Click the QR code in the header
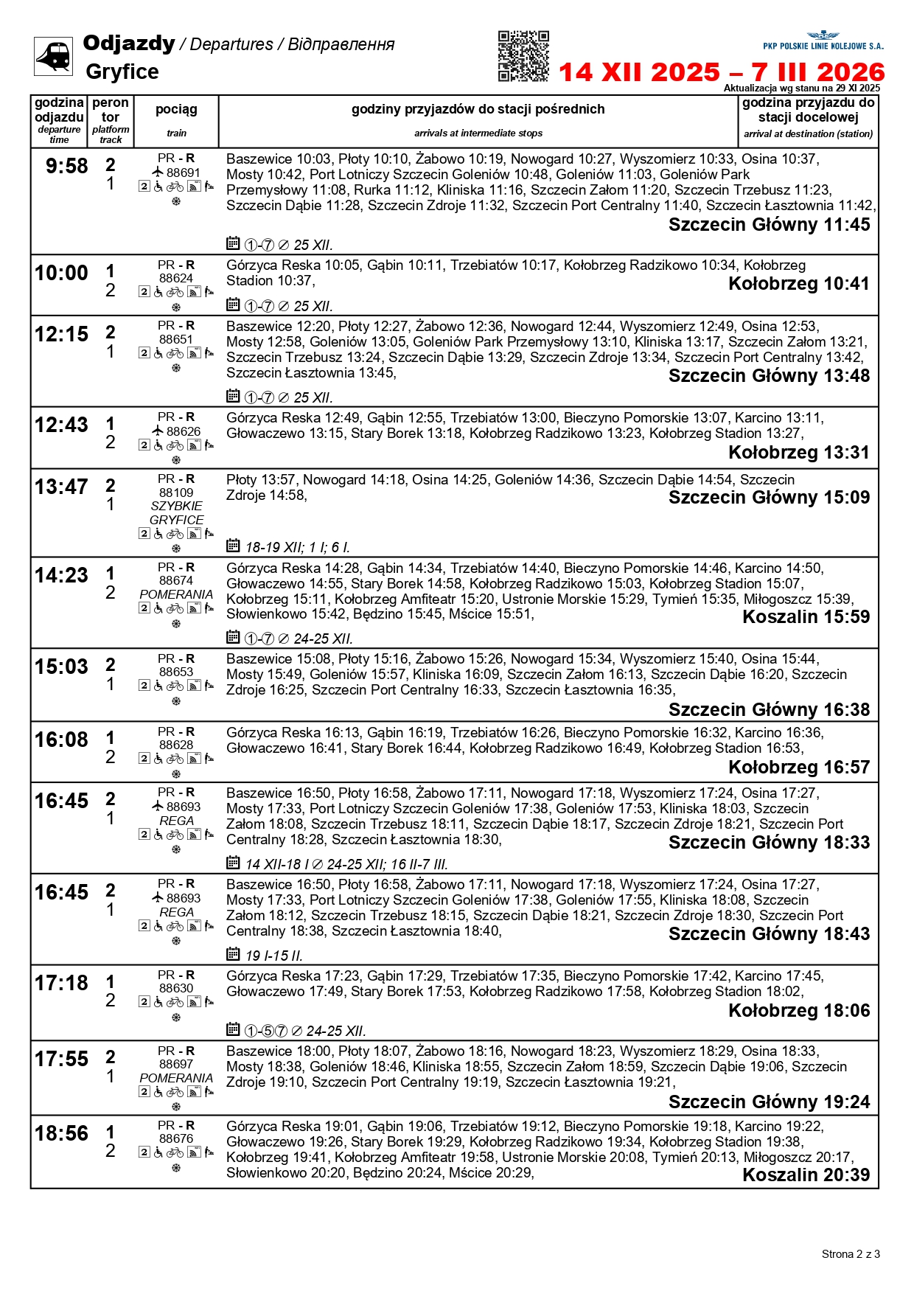523,56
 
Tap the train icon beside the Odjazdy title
53,56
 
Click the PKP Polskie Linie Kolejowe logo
823,41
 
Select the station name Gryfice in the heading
122,72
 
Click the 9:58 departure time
66,167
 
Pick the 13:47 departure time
61,487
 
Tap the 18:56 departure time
61,1134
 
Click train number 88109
176,493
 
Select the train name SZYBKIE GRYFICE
176,513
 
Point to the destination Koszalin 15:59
806,617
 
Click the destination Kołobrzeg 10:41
799,284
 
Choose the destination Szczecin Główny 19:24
769,1102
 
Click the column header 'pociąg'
176,110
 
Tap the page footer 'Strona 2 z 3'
851,1254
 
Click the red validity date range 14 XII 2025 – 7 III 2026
722,72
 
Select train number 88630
176,988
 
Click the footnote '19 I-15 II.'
273,956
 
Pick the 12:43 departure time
61,425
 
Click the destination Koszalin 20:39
806,1175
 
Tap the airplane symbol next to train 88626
158,431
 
